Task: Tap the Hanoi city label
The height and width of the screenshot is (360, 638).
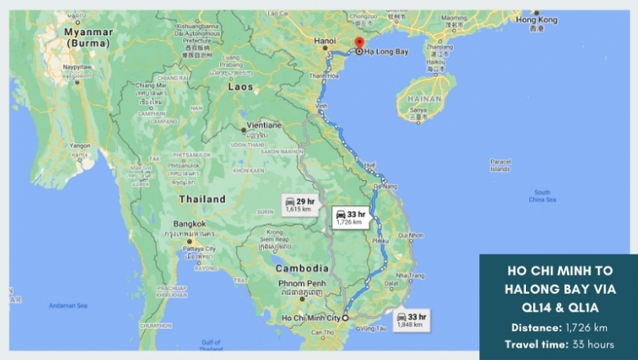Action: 326,40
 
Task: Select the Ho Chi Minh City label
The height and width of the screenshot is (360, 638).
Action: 311,317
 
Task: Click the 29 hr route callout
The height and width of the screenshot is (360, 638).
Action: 299,204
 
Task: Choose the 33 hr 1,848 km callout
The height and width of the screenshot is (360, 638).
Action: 411,320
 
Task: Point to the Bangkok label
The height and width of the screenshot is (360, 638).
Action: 190,223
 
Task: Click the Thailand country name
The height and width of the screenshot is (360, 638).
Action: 202,199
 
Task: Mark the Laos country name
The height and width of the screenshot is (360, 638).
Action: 240,85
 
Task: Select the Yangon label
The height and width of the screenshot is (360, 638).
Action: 80,146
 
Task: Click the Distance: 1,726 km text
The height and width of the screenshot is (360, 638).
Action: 559,327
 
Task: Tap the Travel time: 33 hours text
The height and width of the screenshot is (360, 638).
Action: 559,344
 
